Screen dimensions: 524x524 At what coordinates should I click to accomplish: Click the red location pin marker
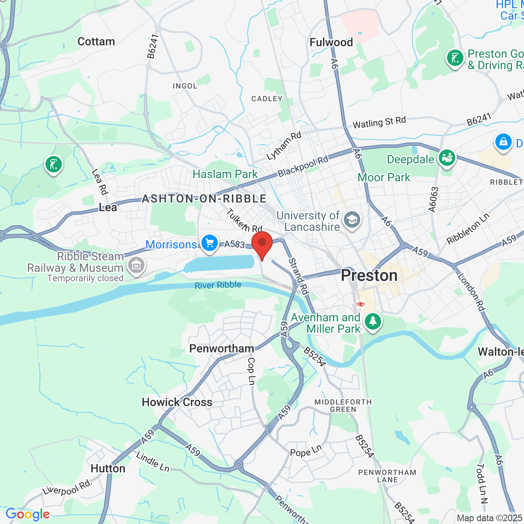pos(262,244)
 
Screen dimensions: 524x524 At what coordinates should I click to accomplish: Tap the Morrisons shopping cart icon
pos(209,243)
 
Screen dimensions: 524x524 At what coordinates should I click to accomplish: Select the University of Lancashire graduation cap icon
pos(352,220)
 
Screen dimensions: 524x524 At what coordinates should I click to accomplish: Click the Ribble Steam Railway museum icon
pos(136,265)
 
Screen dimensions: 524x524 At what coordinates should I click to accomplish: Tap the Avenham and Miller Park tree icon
pos(373,321)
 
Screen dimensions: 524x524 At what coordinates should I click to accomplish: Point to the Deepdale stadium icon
pos(447,158)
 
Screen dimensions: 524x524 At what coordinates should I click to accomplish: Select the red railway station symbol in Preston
pos(361,304)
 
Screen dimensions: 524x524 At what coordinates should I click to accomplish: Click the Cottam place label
pos(96,42)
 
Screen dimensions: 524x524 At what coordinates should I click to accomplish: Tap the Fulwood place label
pos(331,43)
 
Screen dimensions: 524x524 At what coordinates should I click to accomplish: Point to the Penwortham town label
pos(221,349)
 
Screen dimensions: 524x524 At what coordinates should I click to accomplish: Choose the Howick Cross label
pos(177,402)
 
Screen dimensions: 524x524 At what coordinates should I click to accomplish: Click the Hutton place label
pos(108,469)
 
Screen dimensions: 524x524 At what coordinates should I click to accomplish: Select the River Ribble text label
pos(218,285)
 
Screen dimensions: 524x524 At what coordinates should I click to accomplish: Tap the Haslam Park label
pos(225,174)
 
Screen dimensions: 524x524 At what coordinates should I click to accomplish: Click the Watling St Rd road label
pos(379,122)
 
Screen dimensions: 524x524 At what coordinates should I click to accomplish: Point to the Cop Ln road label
pos(251,371)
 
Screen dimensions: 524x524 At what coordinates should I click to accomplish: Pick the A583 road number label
pos(235,244)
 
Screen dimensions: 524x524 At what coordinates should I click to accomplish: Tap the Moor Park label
pos(384,178)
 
